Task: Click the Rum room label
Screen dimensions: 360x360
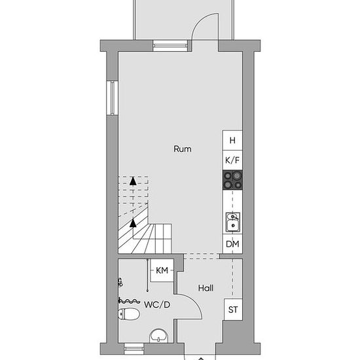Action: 183,149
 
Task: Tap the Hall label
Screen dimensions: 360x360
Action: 206,288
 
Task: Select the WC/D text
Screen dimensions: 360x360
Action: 157,304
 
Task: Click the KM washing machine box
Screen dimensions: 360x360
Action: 162,270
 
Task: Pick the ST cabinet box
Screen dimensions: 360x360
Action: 233,310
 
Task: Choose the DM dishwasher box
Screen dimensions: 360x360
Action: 232,244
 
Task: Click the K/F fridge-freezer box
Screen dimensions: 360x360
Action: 232,160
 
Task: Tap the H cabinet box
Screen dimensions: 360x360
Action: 232,140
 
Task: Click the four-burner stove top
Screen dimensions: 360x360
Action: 232,180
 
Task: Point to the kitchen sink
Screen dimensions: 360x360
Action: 233,222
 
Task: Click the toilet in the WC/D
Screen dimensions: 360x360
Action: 129,314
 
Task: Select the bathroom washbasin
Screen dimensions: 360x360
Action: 158,336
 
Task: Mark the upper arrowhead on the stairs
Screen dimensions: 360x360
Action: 133,181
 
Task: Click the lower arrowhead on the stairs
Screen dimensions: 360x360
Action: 133,223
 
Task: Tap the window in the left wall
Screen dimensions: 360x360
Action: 113,98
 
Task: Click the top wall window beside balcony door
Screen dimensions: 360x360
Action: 170,46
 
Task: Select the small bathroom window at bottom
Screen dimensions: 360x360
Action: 134,349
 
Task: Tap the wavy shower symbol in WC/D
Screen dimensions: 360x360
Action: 129,301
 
